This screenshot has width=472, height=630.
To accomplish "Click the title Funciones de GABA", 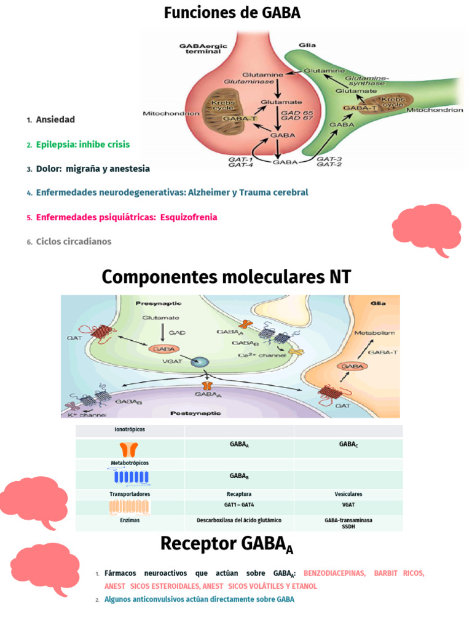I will pyautogui.click(x=232, y=12).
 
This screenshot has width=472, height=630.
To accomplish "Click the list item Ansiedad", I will pyautogui.click(x=55, y=119).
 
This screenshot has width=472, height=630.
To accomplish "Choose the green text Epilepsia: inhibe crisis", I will pyautogui.click(x=83, y=144).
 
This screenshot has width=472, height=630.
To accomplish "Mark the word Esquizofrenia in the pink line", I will pyautogui.click(x=188, y=217).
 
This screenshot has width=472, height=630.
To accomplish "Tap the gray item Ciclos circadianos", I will pyautogui.click(x=74, y=242).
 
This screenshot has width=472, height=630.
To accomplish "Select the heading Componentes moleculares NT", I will pyautogui.click(x=226, y=277).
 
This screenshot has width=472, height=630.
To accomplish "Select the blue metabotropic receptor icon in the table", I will pyautogui.click(x=130, y=477).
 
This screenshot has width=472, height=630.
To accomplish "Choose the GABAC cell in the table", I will pyautogui.click(x=348, y=444).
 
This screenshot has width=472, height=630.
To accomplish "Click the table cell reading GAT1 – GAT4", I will pyautogui.click(x=239, y=504).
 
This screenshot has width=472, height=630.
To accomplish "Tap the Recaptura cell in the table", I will pyautogui.click(x=239, y=494).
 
